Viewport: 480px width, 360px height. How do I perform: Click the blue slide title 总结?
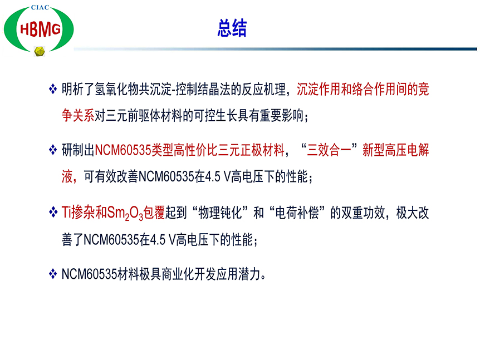coord(232,28)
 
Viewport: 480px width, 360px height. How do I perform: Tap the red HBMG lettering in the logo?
coord(40,29)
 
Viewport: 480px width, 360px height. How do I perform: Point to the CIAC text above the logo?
coord(40,7)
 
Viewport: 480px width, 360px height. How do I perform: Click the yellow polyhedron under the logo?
coord(39,51)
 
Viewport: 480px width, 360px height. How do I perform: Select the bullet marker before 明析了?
coord(53,90)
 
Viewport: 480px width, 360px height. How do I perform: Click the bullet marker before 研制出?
coord(53,150)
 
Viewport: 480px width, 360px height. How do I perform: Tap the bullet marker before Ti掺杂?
coord(53,212)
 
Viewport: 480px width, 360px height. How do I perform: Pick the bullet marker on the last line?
coord(53,274)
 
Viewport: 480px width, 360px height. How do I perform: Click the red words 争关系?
coord(78,115)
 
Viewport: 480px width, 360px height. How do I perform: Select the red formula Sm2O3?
coord(125,213)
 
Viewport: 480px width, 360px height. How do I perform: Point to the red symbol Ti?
coord(66,212)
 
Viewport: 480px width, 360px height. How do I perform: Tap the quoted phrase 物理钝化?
coord(220,213)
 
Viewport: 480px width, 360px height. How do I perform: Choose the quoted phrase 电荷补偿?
coord(297,213)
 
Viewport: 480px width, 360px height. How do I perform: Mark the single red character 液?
coord(67,176)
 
